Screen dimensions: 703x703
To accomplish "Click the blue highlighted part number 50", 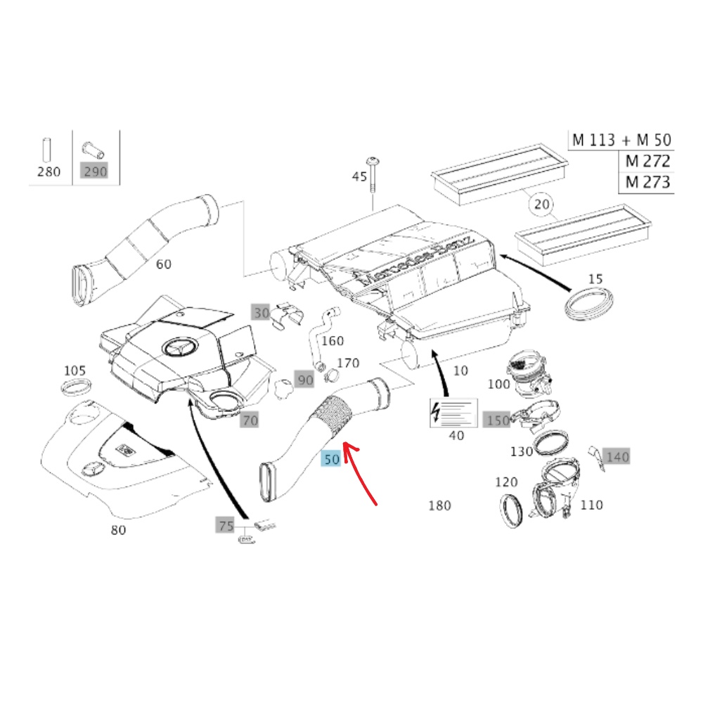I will point(330,460).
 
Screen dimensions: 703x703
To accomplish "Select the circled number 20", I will point(541,205).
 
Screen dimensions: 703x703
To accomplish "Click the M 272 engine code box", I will point(645,161).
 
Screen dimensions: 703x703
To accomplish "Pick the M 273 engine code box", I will point(645,183).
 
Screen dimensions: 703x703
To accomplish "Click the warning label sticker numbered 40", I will point(453,413).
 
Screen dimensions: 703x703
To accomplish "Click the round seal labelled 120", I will point(511,510).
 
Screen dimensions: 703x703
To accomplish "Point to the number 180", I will point(440,505).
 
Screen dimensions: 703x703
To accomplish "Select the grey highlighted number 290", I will point(95,172).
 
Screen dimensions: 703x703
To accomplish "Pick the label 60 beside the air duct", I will point(163,264).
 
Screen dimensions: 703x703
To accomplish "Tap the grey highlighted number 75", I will point(225,525).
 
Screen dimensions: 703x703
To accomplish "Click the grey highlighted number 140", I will point(617,457).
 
